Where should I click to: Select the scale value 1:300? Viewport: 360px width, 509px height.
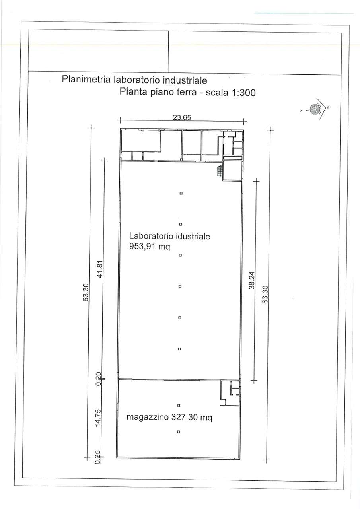(x=243, y=93)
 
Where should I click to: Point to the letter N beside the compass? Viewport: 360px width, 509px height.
(x=328, y=107)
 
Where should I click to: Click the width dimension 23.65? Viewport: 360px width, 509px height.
(x=182, y=117)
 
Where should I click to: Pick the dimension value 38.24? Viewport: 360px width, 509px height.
(x=252, y=281)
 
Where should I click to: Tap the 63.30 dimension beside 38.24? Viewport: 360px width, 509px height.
(x=265, y=295)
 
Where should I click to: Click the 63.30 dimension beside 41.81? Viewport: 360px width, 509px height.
(x=86, y=292)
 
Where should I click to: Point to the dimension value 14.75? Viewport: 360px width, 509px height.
(x=98, y=418)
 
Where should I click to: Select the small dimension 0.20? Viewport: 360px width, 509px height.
(x=99, y=379)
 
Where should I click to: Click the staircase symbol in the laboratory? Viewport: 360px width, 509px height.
(x=220, y=171)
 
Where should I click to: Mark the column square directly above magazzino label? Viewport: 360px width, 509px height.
(x=179, y=405)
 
